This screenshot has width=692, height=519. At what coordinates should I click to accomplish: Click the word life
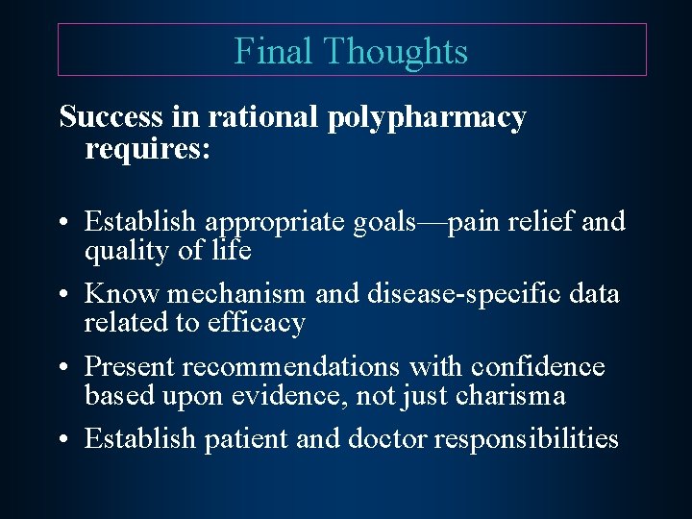[x=232, y=252]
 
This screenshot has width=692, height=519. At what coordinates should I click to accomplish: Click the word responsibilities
[x=527, y=440]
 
